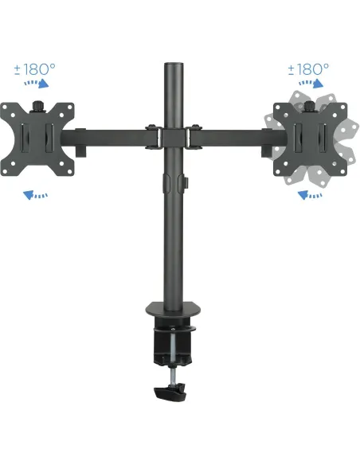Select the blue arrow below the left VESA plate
(x=34, y=193)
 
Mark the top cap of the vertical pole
(x=174, y=61)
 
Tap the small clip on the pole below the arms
(x=182, y=182)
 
